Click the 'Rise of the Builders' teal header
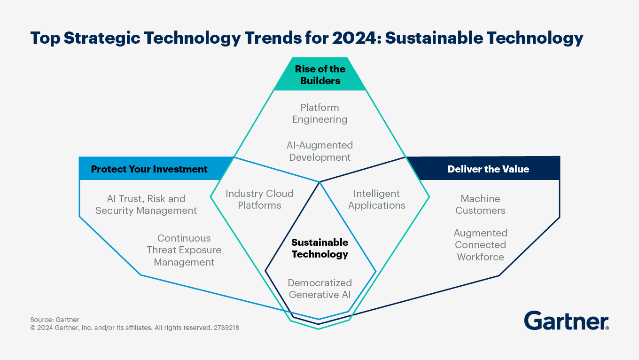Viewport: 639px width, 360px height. (319, 75)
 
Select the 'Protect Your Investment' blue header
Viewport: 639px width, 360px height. (149, 169)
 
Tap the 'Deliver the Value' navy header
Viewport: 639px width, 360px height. (488, 169)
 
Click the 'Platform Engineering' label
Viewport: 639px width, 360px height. (319, 113)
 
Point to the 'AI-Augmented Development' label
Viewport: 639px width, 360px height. (319, 151)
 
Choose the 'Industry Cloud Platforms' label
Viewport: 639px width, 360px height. (259, 199)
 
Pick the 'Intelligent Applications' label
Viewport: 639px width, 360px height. (376, 199)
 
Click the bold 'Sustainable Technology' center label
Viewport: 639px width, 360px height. (319, 248)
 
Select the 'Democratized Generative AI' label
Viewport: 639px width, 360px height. (319, 289)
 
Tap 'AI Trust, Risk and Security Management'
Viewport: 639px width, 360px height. (146, 204)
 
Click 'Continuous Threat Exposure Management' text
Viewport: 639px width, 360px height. (184, 250)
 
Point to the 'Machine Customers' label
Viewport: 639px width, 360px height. (480, 204)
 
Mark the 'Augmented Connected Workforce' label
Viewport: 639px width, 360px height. (480, 245)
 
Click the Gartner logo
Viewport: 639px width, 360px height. (566, 321)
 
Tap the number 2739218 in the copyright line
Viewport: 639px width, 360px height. (226, 328)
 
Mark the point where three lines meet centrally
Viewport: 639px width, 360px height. (320, 182)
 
